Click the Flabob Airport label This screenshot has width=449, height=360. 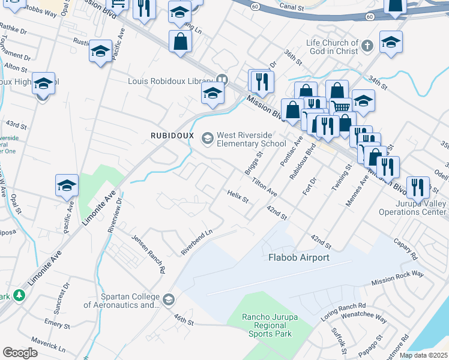click(x=298, y=257)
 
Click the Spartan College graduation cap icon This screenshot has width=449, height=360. click(x=169, y=299)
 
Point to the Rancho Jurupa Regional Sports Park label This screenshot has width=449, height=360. click(x=269, y=325)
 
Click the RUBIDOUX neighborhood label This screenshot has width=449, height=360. click(x=172, y=136)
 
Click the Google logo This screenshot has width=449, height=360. click(x=20, y=353)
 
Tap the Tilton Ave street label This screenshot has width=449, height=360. click(x=264, y=187)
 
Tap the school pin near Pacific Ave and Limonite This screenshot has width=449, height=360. click(x=67, y=185)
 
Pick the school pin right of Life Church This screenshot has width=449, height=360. click(x=391, y=42)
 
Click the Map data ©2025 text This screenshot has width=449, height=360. click(x=424, y=355)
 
